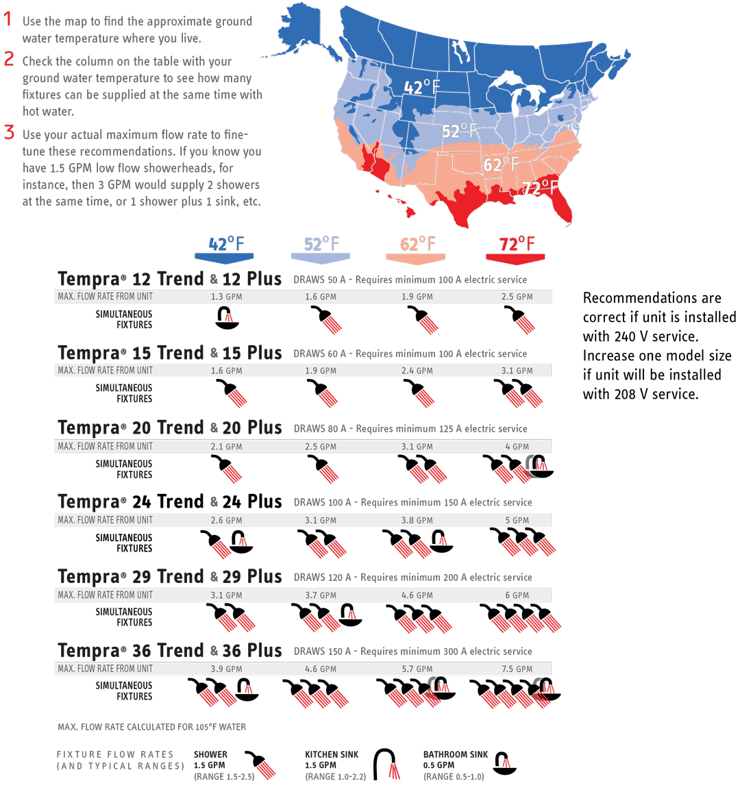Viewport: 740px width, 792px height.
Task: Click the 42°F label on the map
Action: (421, 87)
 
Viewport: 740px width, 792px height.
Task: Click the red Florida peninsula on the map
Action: (561, 209)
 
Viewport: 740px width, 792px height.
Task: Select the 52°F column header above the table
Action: (321, 244)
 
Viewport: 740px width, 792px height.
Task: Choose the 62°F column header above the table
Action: (417, 244)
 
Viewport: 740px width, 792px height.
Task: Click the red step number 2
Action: (9, 60)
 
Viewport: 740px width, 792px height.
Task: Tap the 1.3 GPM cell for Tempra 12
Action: (226, 297)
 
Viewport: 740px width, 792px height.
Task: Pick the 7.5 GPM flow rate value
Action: (517, 669)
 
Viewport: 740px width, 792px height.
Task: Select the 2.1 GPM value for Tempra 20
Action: (226, 446)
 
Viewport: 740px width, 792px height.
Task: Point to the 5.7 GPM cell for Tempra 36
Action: (417, 669)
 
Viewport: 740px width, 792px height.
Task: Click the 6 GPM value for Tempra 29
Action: (517, 595)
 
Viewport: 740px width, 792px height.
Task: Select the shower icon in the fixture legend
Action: (266, 770)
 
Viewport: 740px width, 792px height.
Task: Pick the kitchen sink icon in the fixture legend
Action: (395, 771)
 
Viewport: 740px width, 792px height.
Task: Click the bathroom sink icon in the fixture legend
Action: (506, 763)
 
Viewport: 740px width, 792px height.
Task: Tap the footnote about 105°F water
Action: (151, 727)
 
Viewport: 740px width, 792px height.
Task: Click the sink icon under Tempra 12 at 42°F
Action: (229, 318)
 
